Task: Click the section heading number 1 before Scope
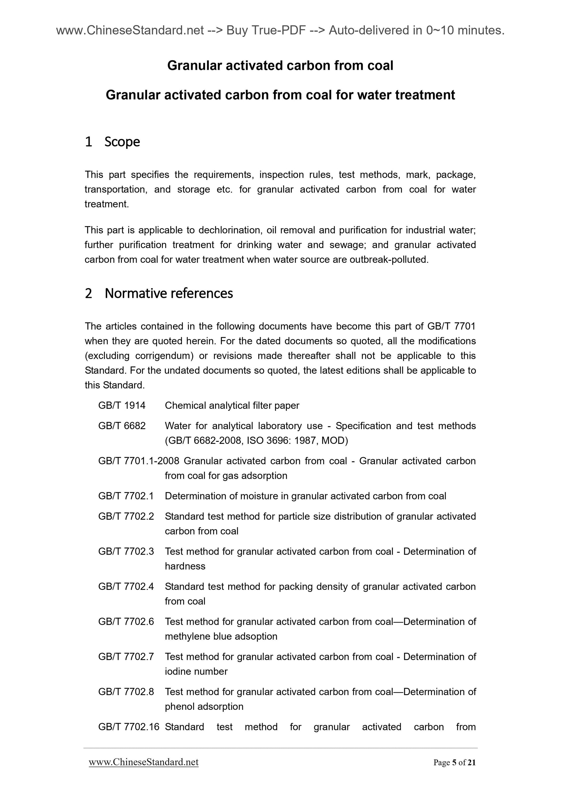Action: (89, 142)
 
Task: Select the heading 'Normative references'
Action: (169, 294)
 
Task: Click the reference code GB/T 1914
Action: (122, 405)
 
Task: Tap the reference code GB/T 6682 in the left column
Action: (122, 426)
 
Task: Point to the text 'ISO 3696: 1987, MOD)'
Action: (297, 441)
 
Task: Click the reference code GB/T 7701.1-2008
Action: (139, 461)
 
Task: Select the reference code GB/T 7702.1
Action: (126, 496)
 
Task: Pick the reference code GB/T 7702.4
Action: (126, 587)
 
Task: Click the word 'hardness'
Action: (185, 566)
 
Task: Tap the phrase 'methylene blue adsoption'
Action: (221, 636)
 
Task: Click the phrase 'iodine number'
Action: (196, 671)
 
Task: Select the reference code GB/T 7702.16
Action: (129, 727)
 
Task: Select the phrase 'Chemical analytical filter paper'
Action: (232, 405)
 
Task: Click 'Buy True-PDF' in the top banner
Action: (266, 31)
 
